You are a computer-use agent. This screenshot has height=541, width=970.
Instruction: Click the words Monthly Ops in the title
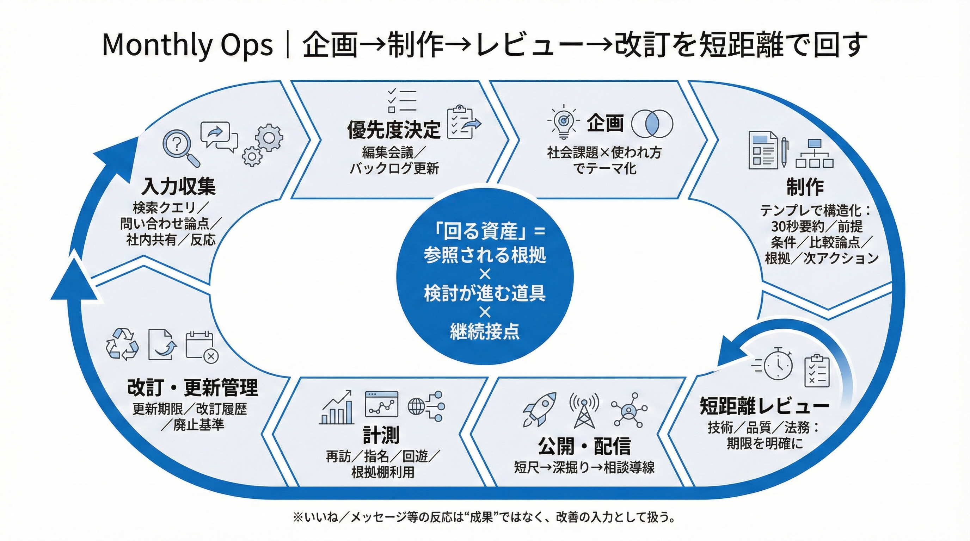(187, 45)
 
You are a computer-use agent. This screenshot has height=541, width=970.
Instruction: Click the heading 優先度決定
(393, 130)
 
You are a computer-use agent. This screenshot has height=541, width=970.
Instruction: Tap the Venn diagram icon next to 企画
(652, 124)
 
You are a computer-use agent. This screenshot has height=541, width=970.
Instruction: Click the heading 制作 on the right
(805, 187)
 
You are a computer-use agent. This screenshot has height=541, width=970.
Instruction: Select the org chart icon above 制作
(815, 153)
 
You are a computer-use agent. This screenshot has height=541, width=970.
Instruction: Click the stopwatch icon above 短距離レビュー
(776, 363)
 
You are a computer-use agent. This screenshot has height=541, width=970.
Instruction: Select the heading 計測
(381, 435)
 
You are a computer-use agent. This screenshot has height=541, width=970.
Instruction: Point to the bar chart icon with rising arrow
(337, 407)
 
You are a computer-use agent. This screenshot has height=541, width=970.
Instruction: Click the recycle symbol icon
(122, 344)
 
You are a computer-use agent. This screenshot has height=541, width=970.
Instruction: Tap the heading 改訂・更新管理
(192, 387)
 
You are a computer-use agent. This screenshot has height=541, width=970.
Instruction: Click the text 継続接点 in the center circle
(485, 331)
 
